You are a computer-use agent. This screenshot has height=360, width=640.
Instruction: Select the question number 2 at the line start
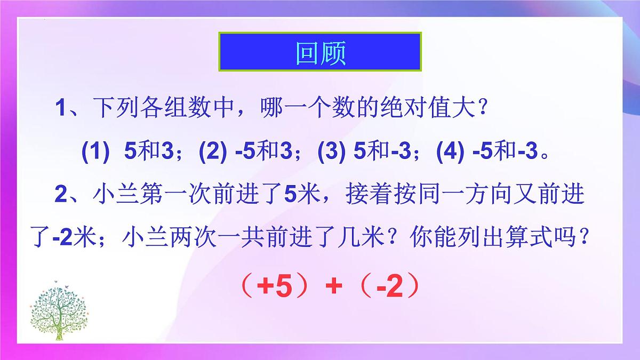[x=60, y=195]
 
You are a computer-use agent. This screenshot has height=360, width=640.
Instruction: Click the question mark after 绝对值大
[x=480, y=111]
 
